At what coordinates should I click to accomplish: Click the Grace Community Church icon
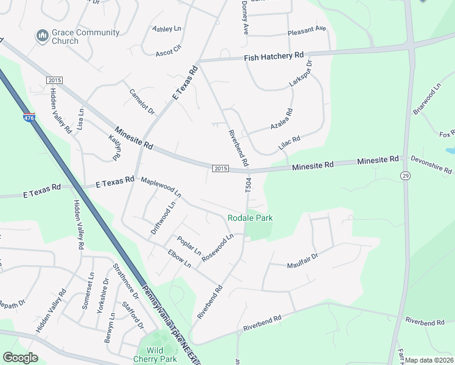[42, 36]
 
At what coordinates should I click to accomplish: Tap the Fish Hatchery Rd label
[274, 56]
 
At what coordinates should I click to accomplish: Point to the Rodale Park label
[250, 218]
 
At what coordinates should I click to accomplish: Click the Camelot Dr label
[142, 102]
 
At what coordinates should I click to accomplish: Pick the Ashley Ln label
[167, 29]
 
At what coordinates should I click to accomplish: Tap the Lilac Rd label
[289, 144]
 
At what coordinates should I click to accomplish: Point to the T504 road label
[248, 187]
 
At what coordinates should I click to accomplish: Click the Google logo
[20, 357]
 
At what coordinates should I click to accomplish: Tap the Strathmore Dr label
[125, 282]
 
